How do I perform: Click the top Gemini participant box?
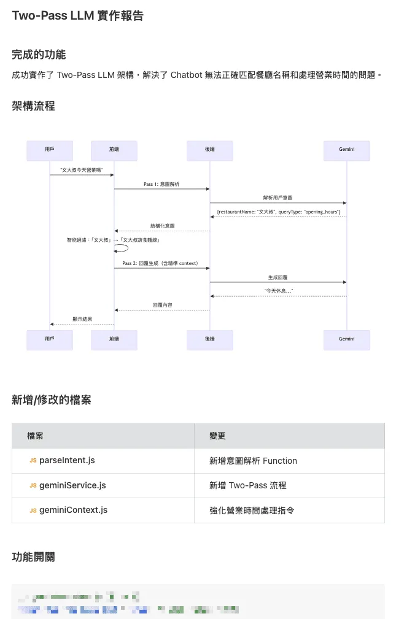pos(346,150)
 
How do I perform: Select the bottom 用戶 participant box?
pos(50,339)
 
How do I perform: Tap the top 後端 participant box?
pos(210,150)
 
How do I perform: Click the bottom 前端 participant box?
pos(114,339)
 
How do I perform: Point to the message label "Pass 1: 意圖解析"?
pos(161,184)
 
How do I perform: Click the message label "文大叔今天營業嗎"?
pos(81,169)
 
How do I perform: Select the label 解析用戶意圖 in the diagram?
pos(278,198)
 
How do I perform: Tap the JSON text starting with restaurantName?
pos(278,212)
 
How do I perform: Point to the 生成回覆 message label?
pos(278,277)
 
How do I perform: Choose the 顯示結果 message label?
pos(82,319)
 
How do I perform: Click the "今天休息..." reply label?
pos(278,291)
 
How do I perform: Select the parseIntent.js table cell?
pos(66,460)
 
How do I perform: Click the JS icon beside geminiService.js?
pos(33,485)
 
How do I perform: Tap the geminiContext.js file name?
pos(73,510)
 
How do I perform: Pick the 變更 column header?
pos(217,436)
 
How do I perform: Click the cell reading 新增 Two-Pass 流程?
pos(247,485)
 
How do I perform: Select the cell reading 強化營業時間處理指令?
pos(252,510)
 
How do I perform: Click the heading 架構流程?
pos(33,106)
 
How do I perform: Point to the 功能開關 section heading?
pos(33,557)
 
